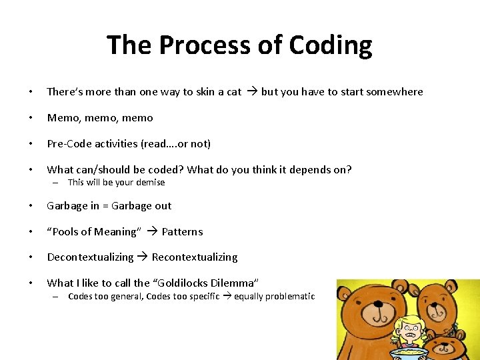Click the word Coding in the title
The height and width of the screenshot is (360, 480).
point(331,45)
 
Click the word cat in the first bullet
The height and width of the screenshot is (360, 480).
point(234,92)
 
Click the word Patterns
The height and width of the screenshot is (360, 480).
point(182,232)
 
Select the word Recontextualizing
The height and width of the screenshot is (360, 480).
point(195,257)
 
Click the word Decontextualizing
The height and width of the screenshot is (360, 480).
point(90,257)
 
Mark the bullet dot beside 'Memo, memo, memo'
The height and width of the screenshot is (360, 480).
point(24,118)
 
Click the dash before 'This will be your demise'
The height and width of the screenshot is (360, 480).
point(57,183)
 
